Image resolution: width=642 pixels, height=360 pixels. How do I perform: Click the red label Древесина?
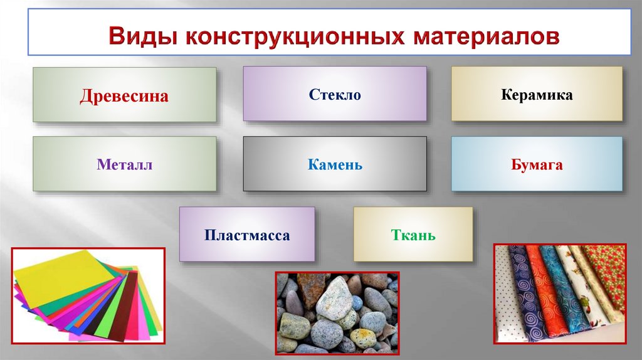pos(124,96)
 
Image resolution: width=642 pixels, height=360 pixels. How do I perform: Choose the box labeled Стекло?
pos(335,95)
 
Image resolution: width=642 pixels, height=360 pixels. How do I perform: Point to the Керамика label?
pos(537,95)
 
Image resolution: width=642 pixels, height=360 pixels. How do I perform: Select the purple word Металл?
pos(124,165)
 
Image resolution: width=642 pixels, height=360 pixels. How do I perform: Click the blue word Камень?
pos(335,165)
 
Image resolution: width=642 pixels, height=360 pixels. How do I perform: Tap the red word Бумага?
pos(537,165)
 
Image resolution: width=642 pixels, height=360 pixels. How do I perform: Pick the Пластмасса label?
pos(246,236)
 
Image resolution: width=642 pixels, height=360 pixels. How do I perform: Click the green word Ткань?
pos(413,236)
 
